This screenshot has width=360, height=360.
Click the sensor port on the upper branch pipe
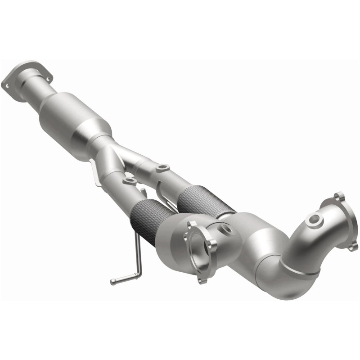[161, 169]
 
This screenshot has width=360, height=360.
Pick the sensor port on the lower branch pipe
[130, 181]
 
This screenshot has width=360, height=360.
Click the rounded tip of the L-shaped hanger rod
[113, 282]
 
